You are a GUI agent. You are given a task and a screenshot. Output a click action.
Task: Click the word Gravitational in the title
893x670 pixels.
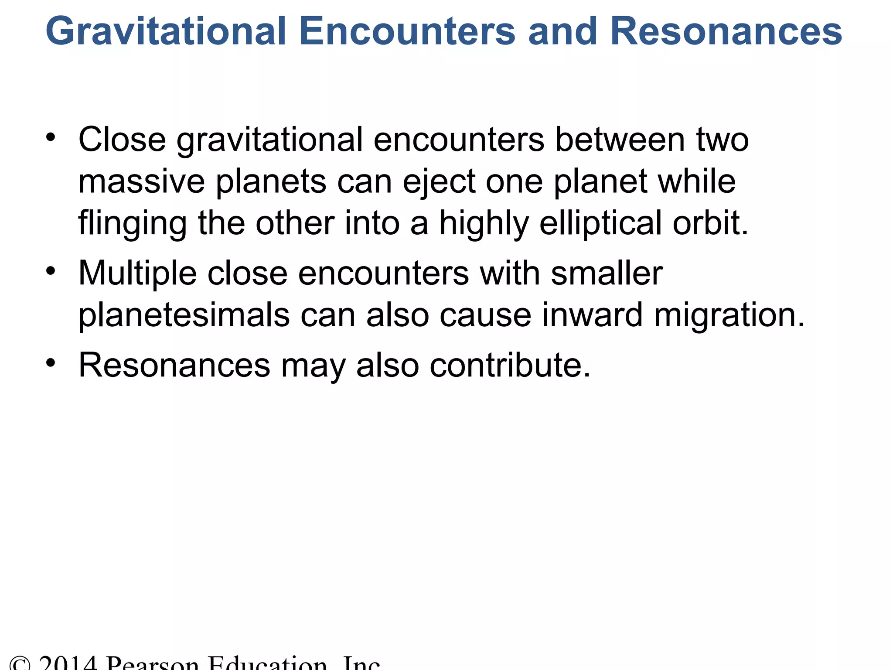pos(166,31)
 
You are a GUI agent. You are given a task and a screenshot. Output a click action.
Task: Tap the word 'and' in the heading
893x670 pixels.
pos(562,31)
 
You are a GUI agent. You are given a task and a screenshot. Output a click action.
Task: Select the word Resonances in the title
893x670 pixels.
pos(726,31)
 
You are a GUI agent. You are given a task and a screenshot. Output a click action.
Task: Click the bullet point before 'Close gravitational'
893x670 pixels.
pos(51,138)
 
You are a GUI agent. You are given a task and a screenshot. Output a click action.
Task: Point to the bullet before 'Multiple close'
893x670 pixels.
pos(51,271)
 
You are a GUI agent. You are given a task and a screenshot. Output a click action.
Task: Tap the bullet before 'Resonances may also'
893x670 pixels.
pos(51,363)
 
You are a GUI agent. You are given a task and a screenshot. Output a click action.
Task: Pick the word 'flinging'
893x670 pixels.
pos(132,223)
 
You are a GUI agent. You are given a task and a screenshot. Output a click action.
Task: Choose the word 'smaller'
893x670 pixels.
pos(607,273)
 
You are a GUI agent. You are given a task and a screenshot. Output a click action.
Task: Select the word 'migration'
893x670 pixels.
pos(724,316)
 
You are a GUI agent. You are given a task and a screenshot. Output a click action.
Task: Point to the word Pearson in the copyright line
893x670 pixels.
pos(153,663)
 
